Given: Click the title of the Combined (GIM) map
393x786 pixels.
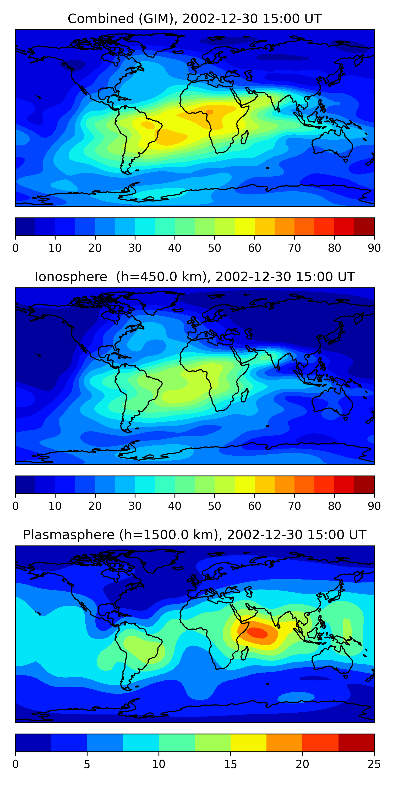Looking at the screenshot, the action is click(195, 19).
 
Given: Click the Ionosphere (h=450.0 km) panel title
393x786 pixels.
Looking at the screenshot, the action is click(195, 277).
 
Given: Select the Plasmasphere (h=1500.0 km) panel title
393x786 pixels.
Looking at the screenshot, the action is click(195, 535).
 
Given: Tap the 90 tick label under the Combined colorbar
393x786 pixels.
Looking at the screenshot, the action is click(374, 248).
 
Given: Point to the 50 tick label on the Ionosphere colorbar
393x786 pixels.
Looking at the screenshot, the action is click(215, 506).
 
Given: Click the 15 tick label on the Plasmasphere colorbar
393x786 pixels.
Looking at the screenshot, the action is click(230, 764).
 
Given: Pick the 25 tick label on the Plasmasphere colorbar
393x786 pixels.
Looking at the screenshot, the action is click(374, 764).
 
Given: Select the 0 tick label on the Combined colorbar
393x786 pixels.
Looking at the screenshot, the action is click(15, 248).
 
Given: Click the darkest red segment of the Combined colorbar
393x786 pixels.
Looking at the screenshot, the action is click(364, 227).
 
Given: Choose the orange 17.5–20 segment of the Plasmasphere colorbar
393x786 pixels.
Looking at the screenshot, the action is click(284, 743).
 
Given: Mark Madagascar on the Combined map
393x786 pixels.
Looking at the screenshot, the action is click(245, 137).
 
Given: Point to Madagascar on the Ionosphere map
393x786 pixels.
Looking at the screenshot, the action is click(245, 395).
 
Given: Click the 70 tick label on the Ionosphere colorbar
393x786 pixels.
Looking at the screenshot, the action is click(294, 506).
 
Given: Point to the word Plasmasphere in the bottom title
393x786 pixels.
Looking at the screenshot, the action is click(69, 535).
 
